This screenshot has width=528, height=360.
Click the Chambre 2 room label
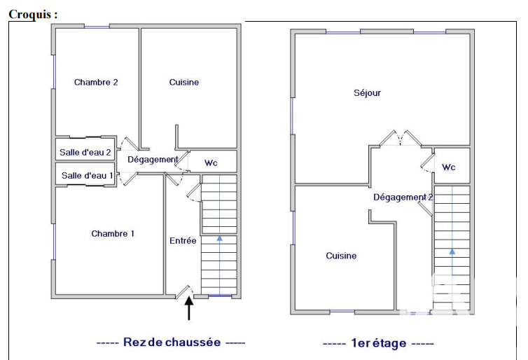[x=96, y=82]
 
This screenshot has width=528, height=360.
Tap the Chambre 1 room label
[x=113, y=233]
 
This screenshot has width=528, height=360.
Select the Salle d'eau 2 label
[x=85, y=152]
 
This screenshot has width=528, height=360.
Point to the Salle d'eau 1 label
[x=87, y=176]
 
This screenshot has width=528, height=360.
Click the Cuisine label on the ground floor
[x=184, y=82]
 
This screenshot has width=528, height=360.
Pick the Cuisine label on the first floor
[x=341, y=256]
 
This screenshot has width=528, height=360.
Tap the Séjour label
[x=367, y=92]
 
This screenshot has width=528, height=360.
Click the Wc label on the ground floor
[x=211, y=163]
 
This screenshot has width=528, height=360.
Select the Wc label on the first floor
[x=449, y=167]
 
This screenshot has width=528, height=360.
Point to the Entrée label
[x=183, y=240]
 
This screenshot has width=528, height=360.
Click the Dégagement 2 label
[x=403, y=198]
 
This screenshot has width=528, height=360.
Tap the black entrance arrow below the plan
[x=189, y=308]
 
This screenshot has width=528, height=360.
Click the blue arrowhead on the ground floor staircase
[x=220, y=238]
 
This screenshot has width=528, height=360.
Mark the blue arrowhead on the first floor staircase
[x=452, y=251]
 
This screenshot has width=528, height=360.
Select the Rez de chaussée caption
[x=172, y=342]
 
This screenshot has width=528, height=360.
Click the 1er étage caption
[x=378, y=343]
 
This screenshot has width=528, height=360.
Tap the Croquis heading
[x=33, y=15]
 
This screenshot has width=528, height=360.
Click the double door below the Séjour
[x=401, y=139]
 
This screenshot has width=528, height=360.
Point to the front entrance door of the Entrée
[x=185, y=292]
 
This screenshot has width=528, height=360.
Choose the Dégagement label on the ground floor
[x=153, y=160]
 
